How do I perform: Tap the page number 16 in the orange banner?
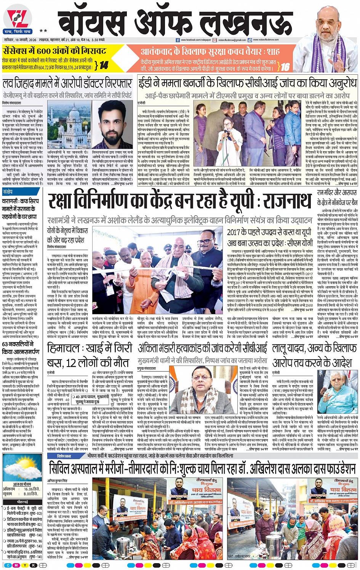click(x=285, y=67)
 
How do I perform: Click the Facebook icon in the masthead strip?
click(x=178, y=40)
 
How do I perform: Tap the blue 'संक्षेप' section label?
click(x=8, y=192)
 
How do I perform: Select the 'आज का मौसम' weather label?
click(x=22, y=484)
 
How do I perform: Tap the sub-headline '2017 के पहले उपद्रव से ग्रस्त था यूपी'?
click(x=269, y=232)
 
